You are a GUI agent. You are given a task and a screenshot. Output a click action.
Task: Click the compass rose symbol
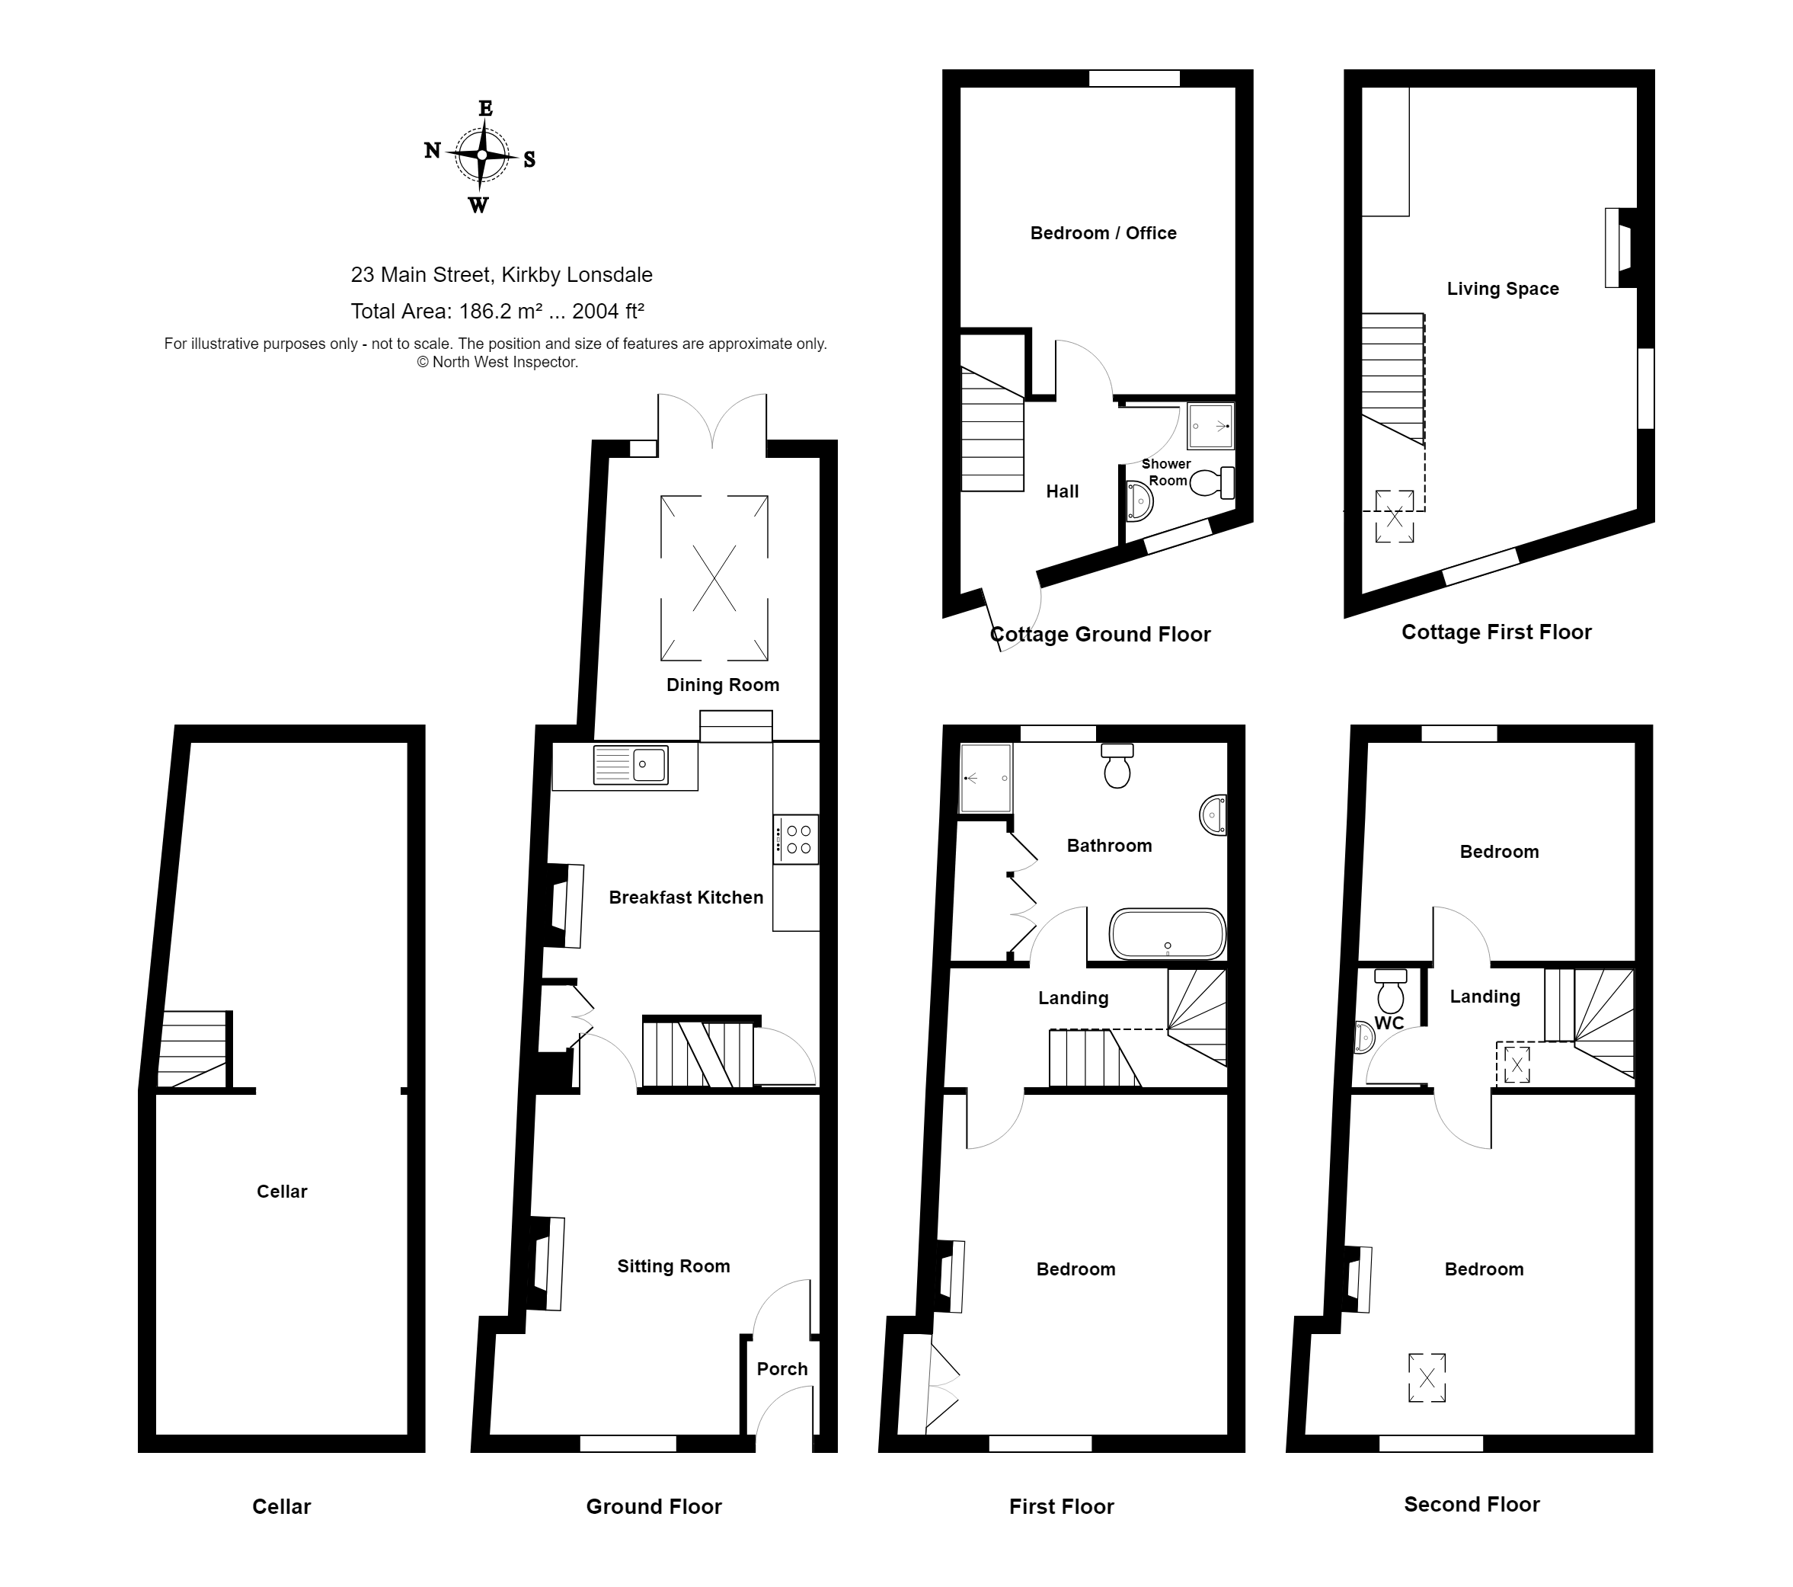tap(481, 155)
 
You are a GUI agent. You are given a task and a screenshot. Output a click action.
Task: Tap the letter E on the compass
tap(485, 109)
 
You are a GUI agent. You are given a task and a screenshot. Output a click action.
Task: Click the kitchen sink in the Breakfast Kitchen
tap(631, 764)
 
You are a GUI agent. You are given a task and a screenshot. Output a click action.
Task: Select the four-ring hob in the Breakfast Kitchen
tap(797, 840)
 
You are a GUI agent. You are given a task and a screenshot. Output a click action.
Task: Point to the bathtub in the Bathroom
tap(1168, 933)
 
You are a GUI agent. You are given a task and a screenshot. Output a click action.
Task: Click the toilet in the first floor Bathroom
tap(1117, 765)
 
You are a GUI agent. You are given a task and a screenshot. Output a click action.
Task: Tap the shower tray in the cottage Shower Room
tap(1210, 427)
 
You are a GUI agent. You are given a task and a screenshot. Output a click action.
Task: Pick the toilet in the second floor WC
tap(1390, 990)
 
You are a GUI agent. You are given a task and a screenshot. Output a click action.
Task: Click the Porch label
tap(781, 1368)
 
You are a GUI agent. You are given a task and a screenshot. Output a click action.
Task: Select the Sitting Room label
tap(673, 1266)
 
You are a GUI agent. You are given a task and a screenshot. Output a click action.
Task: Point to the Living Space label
tap(1503, 289)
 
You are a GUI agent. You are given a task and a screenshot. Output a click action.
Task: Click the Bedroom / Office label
tap(1104, 232)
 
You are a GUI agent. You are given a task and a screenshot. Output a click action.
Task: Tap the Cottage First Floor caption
tap(1497, 632)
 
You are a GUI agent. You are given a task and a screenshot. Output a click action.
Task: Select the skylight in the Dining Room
tap(714, 578)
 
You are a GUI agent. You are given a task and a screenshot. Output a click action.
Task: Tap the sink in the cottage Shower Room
tap(1139, 500)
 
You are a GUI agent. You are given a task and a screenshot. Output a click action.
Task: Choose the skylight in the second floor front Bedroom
tap(1427, 1378)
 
